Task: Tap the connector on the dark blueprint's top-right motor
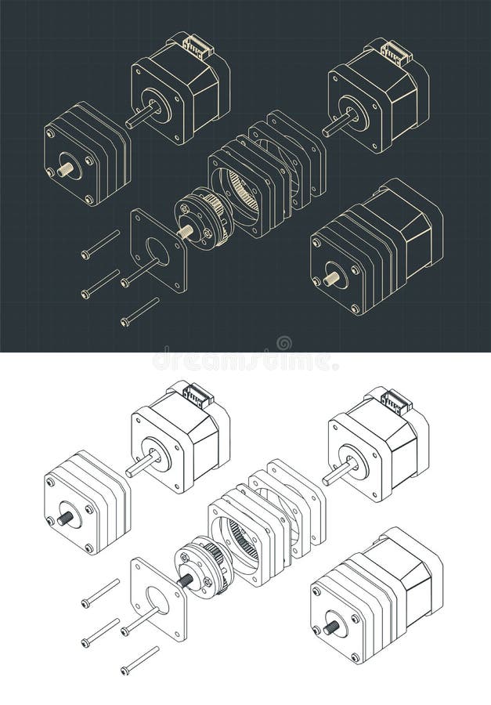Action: [x=395, y=53]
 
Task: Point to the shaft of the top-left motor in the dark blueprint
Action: [x=142, y=117]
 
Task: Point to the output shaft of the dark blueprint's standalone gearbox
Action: [x=64, y=169]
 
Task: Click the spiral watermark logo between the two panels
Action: [x=283, y=343]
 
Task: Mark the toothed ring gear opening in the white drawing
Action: [x=238, y=544]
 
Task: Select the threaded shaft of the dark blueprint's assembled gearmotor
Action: [x=332, y=279]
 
